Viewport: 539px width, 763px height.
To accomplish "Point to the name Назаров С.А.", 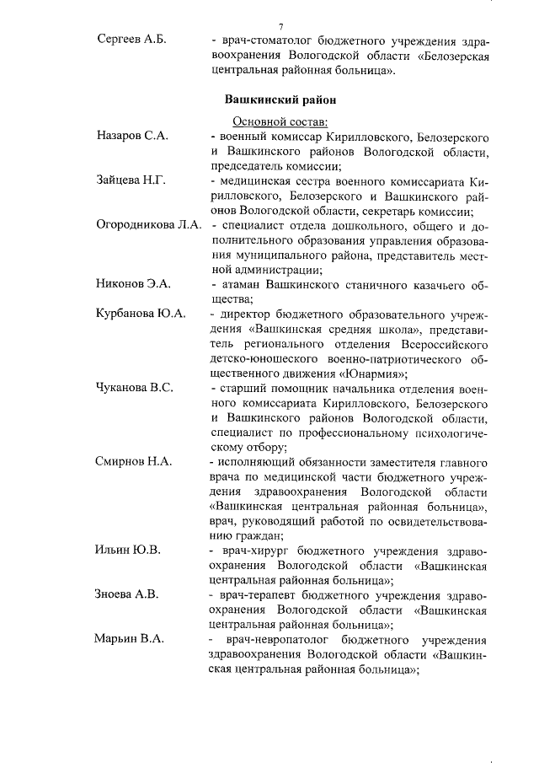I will pos(132,137).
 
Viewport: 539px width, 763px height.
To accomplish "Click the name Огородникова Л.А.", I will pos(147,225).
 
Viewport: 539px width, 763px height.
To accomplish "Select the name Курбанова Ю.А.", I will pos(141,314).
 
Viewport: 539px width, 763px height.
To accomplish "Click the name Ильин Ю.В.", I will pos(128,550).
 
